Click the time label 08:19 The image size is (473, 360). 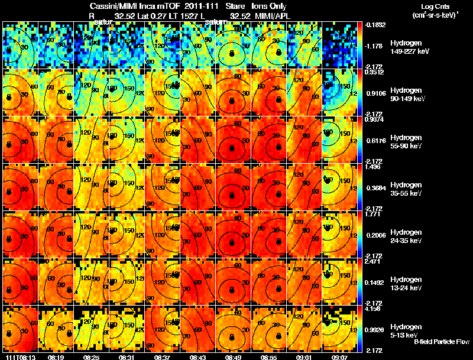(x=57, y=357)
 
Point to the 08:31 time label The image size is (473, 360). (x=128, y=357)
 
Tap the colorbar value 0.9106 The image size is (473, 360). (x=375, y=92)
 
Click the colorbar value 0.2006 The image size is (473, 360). (x=375, y=235)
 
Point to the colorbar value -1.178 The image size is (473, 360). (x=375, y=45)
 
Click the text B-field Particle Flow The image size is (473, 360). (x=442, y=342)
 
